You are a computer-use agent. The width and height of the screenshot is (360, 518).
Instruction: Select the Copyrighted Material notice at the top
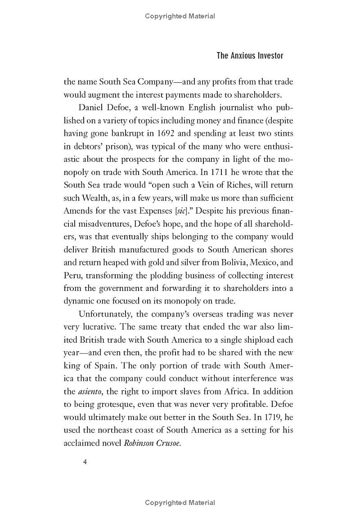point(180,16)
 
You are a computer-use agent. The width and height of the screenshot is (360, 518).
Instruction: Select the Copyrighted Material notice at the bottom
point(180,502)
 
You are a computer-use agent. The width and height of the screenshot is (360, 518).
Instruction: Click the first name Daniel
point(92,107)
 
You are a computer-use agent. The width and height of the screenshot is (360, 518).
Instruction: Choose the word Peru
point(72,275)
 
